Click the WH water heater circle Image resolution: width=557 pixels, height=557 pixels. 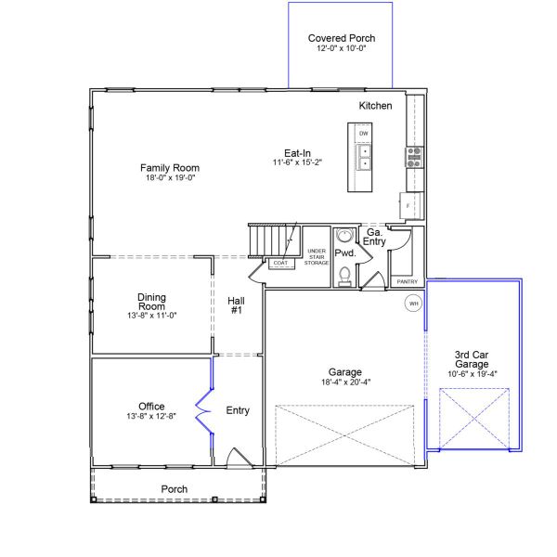413,304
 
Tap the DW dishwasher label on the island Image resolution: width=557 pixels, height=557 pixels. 363,134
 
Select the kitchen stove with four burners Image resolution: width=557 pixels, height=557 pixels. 415,158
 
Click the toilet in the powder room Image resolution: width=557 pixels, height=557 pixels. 344,277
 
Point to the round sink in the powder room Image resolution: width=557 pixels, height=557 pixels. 344,236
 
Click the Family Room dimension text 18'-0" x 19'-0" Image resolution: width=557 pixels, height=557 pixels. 171,177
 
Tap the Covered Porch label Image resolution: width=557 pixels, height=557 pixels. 342,38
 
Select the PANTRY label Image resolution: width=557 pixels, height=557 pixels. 408,281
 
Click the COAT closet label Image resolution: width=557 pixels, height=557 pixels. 280,263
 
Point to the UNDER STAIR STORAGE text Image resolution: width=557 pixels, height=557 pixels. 317,257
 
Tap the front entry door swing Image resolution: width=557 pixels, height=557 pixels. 240,457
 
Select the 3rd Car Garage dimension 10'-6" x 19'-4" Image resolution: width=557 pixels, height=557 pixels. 473,374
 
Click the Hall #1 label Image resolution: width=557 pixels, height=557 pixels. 236,305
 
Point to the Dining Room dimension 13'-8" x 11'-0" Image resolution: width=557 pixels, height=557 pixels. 152,315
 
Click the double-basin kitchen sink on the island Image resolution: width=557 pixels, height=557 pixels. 363,158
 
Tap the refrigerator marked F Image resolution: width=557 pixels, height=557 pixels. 411,206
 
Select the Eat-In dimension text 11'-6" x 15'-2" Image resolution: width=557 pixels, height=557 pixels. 297,162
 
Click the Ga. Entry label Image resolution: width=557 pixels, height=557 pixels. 374,237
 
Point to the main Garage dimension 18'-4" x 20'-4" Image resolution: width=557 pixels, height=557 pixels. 345,382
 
